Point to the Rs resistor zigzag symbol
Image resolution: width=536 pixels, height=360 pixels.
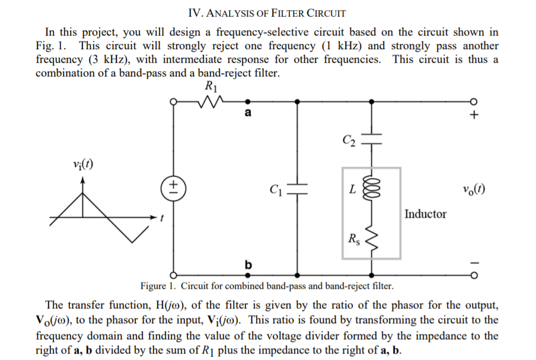tap(372, 239)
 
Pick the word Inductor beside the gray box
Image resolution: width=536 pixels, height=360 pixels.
tap(426, 214)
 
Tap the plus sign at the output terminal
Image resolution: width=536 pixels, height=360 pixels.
tap(473, 116)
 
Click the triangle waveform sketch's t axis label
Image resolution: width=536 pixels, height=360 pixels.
tap(161, 219)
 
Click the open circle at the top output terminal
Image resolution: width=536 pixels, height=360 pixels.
tap(473, 101)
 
